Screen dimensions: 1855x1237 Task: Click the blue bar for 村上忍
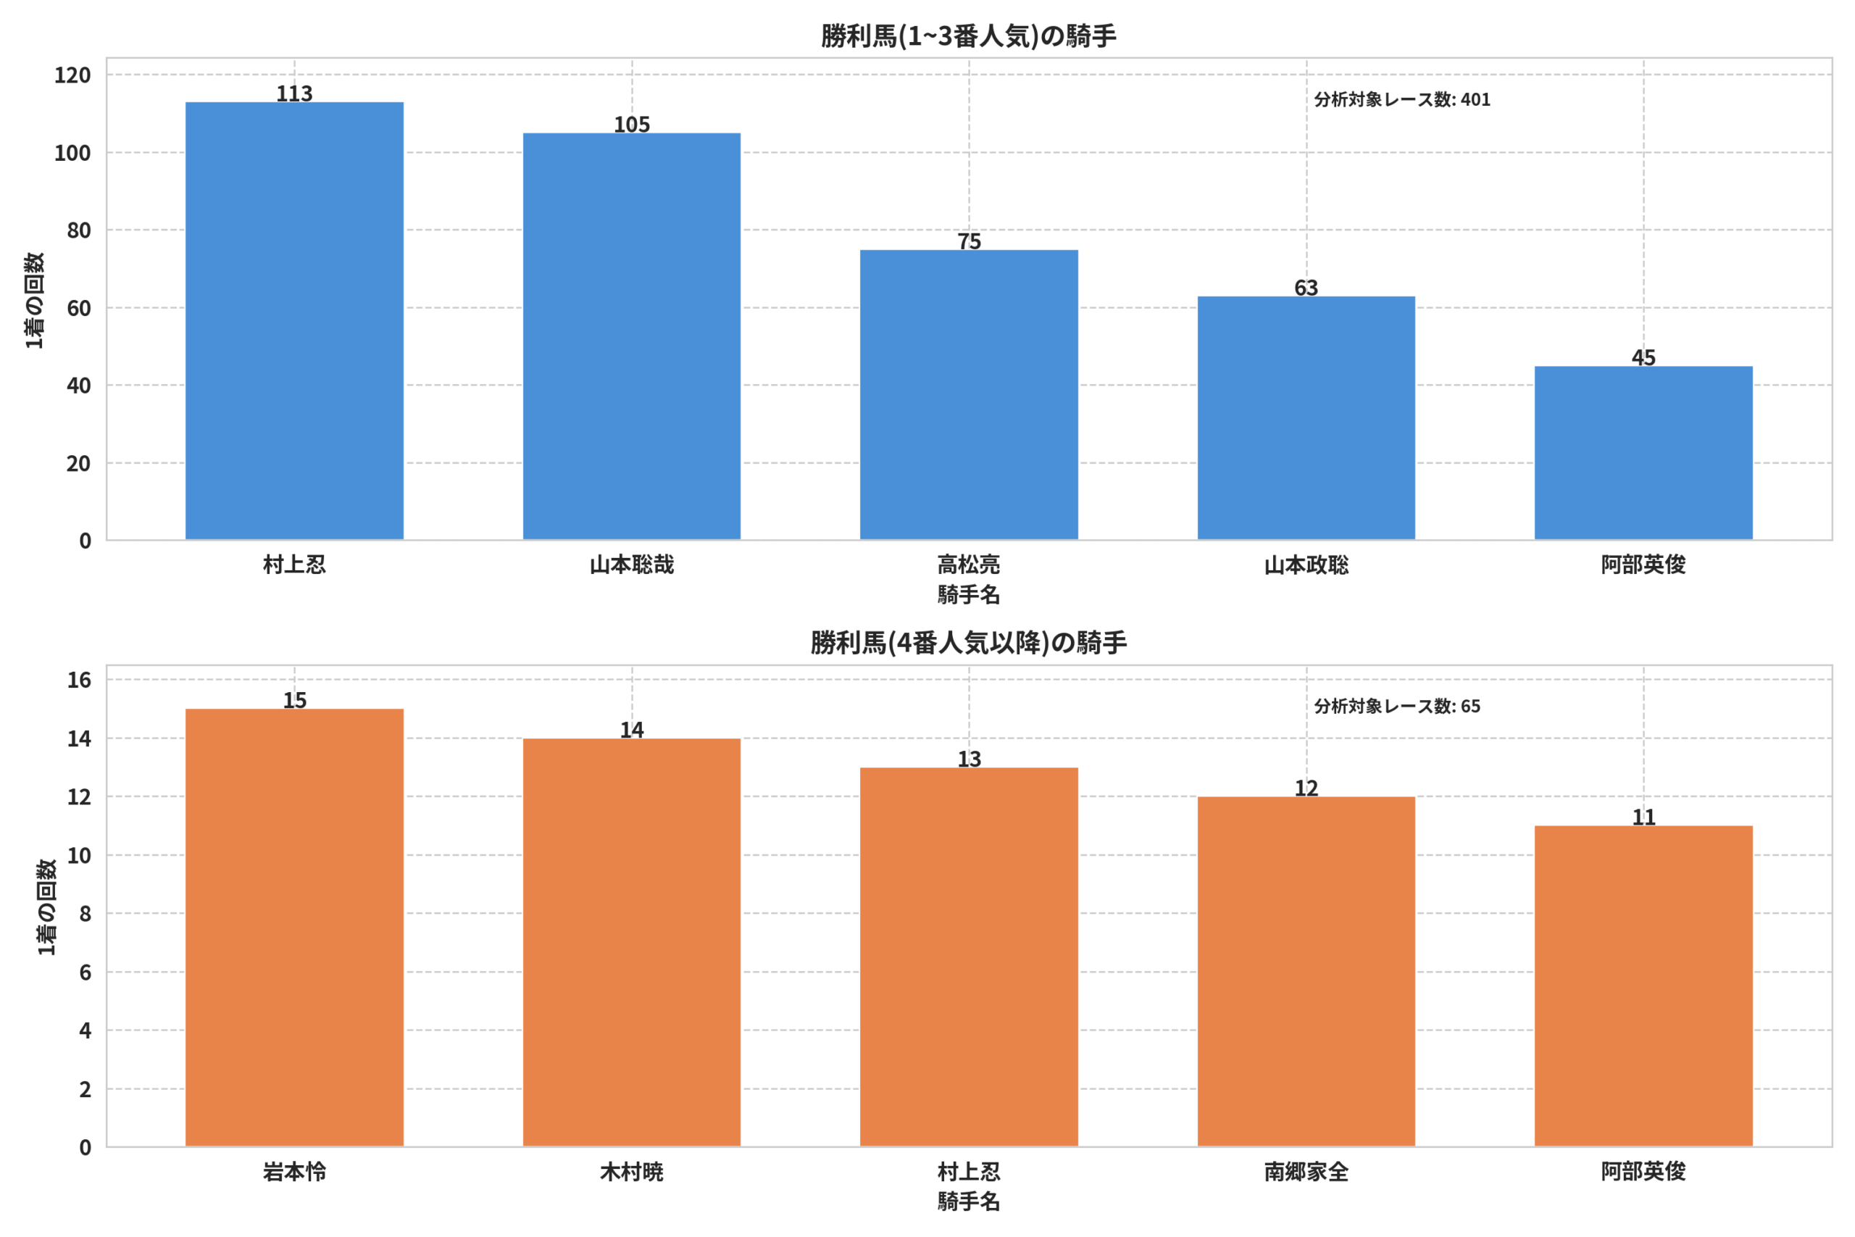tap(294, 321)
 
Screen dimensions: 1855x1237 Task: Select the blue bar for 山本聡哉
tap(632, 337)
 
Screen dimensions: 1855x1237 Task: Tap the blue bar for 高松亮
tap(969, 395)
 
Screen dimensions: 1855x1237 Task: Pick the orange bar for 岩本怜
tap(294, 928)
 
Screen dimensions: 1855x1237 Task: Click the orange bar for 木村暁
tap(632, 943)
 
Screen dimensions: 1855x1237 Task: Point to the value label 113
tap(294, 93)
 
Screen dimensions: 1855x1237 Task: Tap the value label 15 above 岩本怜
tap(294, 700)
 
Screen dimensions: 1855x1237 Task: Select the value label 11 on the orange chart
tap(1643, 817)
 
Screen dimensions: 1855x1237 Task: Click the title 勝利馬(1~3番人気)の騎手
tap(969, 36)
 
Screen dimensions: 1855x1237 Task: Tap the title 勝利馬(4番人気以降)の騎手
tap(969, 643)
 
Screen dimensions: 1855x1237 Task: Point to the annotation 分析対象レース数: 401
tap(1401, 99)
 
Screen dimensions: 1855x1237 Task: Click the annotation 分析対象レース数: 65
tap(1397, 706)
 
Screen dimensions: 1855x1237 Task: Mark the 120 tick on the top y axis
tap(72, 75)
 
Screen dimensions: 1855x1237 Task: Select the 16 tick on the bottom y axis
tap(79, 680)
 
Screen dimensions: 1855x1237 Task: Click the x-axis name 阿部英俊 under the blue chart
tap(1643, 565)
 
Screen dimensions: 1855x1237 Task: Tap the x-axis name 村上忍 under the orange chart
tap(969, 1172)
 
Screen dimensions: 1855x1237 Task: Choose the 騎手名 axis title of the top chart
tap(969, 595)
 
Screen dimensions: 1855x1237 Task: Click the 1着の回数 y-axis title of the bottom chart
tap(47, 907)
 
